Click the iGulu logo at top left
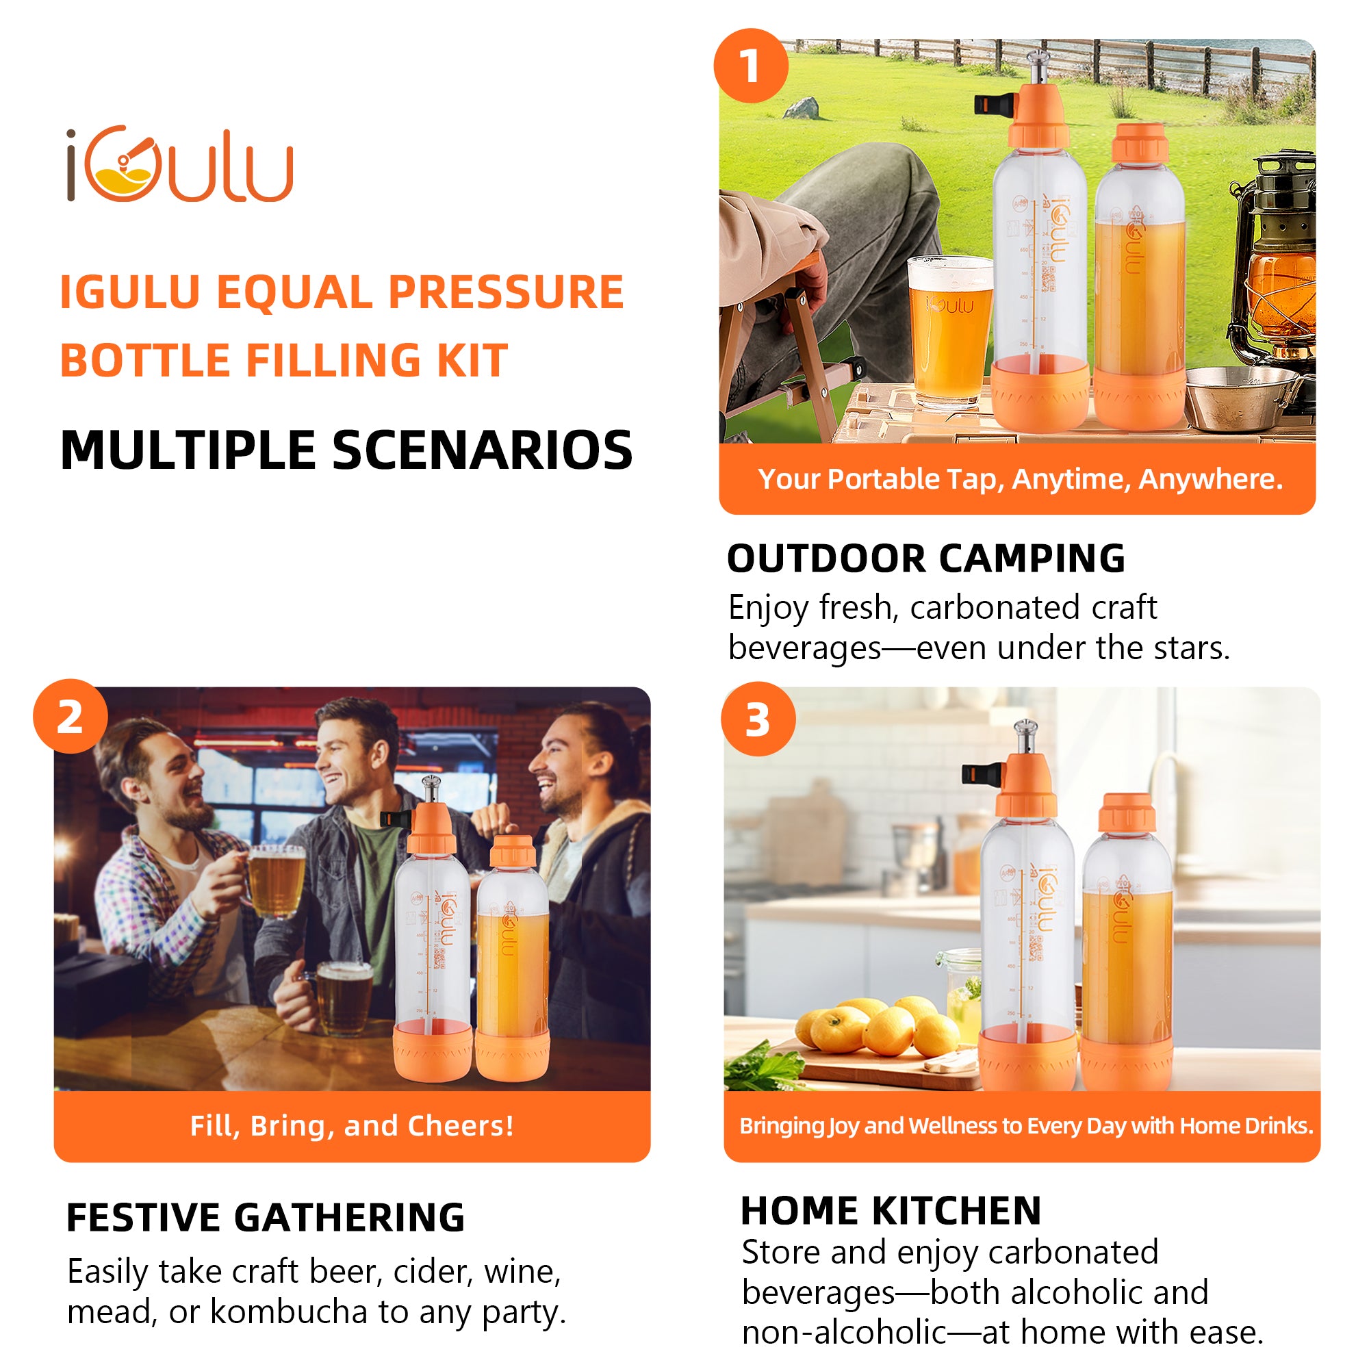tap(179, 164)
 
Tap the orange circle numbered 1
tap(750, 66)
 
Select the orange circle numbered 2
tap(70, 717)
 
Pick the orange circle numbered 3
tap(758, 719)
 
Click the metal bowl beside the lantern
tap(1240, 397)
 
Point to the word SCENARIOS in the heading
tap(482, 450)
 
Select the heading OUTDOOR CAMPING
tap(925, 559)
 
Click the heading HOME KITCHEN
tap(891, 1210)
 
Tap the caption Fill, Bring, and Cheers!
tap(351, 1126)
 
